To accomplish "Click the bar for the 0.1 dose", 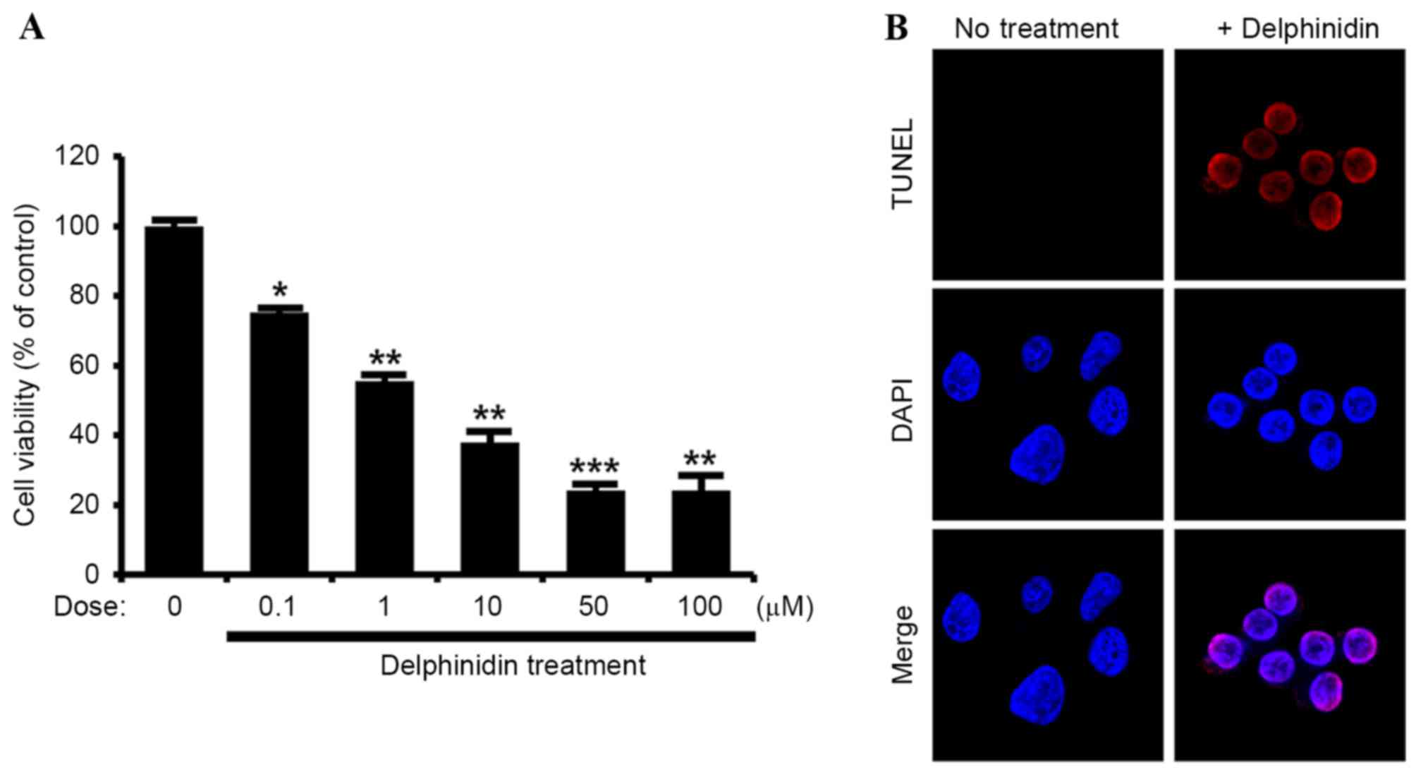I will coord(279,442).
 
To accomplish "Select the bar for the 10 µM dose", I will coord(489,507).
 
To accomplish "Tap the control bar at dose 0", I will coord(174,399).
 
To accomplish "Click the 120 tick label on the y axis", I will coord(77,156).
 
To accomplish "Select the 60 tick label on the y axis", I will coord(84,366).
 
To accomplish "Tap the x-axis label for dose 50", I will coord(593,606).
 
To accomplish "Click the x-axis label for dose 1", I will coord(384,606).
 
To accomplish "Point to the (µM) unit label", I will coord(785,607).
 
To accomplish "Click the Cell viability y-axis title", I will coord(25,365).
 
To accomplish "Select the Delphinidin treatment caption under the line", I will coord(513,665).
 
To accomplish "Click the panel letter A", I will coord(32,28).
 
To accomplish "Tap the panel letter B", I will coord(896,28).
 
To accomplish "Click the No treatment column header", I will coord(1036,29).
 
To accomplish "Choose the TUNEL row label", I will coord(903,164).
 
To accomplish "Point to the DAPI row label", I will coord(903,410).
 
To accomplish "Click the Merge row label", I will coord(903,645).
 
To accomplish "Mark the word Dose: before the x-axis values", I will coord(90,606).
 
